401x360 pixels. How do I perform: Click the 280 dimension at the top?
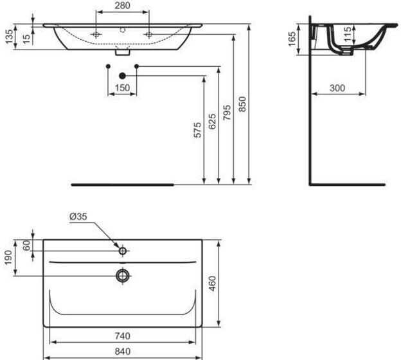click(x=122, y=6)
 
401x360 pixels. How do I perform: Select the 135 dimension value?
click(x=8, y=37)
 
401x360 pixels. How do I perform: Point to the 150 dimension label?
click(x=121, y=88)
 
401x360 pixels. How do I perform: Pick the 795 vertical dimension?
click(x=227, y=109)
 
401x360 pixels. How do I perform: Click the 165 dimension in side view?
click(x=292, y=40)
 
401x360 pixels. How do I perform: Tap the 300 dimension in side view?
click(x=337, y=88)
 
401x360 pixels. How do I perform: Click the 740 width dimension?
click(x=121, y=336)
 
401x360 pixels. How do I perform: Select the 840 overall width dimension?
click(x=122, y=351)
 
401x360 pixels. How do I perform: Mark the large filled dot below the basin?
click(x=122, y=76)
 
